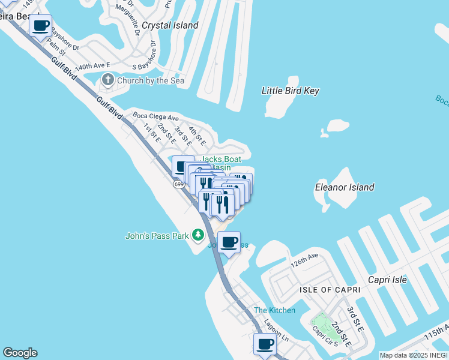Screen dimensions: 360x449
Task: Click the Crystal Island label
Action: tap(170, 25)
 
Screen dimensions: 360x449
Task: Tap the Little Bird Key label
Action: tap(291, 91)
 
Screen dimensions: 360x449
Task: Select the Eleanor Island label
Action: tap(345, 187)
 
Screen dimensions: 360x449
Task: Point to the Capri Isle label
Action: tap(387, 280)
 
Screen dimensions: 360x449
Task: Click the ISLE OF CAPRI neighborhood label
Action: tap(330, 290)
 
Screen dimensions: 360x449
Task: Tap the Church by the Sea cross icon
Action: tap(108, 80)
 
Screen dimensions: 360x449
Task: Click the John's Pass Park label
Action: tap(157, 236)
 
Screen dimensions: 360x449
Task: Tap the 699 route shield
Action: tap(179, 184)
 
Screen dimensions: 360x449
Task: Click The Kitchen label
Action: tap(274, 310)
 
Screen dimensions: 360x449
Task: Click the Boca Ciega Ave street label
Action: tap(156, 117)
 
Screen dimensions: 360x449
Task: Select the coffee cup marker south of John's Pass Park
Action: tap(229, 242)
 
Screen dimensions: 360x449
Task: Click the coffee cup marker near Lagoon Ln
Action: tap(265, 344)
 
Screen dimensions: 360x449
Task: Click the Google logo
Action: tap(20, 353)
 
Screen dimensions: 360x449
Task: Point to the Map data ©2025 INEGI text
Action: tap(414, 355)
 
